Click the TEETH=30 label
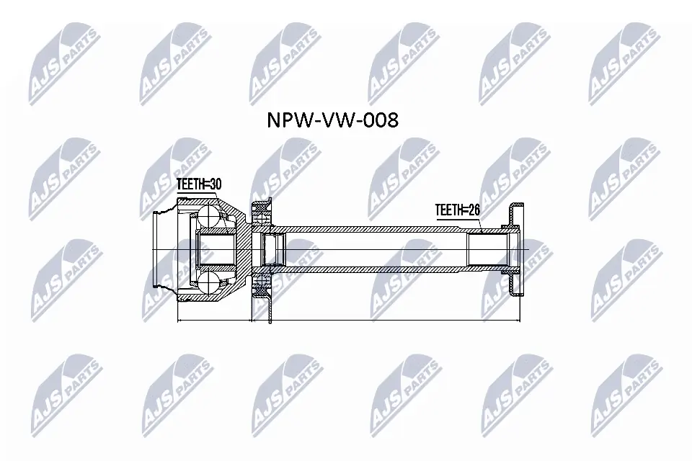pyautogui.click(x=198, y=185)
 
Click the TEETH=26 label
pyautogui.click(x=457, y=210)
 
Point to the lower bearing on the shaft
pyautogui.click(x=260, y=290)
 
